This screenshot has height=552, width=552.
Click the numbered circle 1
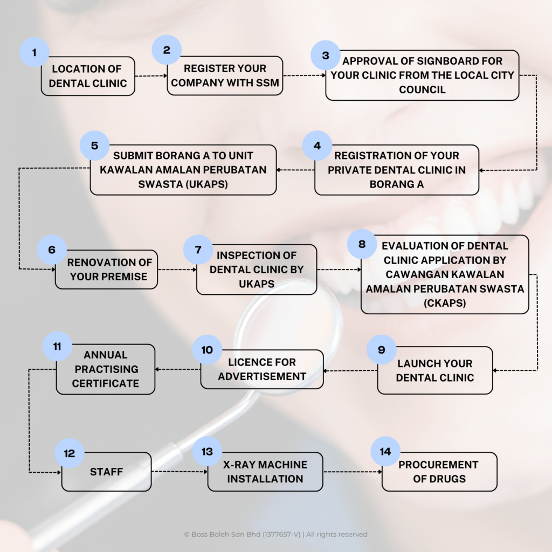coord(34,52)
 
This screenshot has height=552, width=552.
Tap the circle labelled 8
coord(362,244)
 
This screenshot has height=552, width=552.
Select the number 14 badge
coord(385,451)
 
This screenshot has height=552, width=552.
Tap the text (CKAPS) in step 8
coord(445,303)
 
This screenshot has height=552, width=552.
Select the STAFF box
coord(106,472)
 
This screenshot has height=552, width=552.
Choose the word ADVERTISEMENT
coord(262,376)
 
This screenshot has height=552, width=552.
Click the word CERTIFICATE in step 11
coord(106,383)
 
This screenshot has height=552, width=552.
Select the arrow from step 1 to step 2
coord(151,75)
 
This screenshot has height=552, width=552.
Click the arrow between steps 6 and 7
coord(177,270)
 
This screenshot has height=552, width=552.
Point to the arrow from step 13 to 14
coord(353,472)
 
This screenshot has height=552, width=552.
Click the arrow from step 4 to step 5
coord(295,170)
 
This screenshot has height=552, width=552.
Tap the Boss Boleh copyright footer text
coord(275,534)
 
